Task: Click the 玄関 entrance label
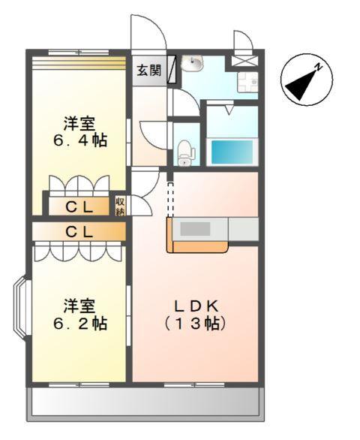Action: tap(148, 71)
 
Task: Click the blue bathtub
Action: tap(230, 152)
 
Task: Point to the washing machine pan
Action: tap(247, 81)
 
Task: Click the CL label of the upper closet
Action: tap(79, 206)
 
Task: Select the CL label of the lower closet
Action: tap(79, 232)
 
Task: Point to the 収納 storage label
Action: tap(121, 206)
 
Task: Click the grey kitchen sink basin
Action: tap(196, 229)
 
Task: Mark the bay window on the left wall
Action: tap(21, 308)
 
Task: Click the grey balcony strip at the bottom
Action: tap(146, 404)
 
